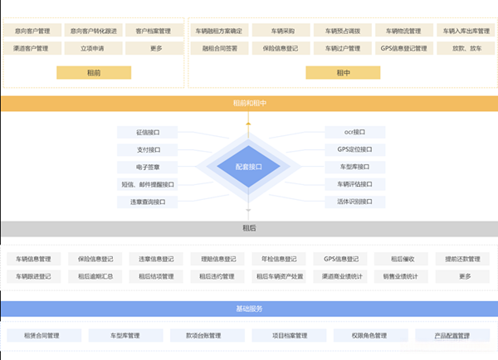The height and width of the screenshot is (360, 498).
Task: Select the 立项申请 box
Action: pyautogui.click(x=93, y=48)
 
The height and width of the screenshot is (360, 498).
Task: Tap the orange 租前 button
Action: pyautogui.click(x=93, y=72)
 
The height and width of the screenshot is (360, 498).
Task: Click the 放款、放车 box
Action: pyautogui.click(x=465, y=48)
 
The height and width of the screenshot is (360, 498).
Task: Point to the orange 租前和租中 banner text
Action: pyautogui.click(x=248, y=104)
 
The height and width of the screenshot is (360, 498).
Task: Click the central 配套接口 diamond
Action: pyautogui.click(x=248, y=167)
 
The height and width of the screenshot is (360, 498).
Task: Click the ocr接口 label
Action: pyautogui.click(x=355, y=132)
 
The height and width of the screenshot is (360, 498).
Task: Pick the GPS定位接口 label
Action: pyautogui.click(x=355, y=149)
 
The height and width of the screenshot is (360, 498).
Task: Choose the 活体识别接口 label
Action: pyautogui.click(x=355, y=202)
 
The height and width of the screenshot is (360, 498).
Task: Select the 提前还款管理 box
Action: pyautogui.click(x=463, y=259)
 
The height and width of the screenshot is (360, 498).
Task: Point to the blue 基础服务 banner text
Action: pyautogui.click(x=248, y=309)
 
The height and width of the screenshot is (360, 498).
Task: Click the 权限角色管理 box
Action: pyautogui.click(x=359, y=336)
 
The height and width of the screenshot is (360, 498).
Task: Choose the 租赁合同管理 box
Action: pyautogui.click(x=42, y=336)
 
